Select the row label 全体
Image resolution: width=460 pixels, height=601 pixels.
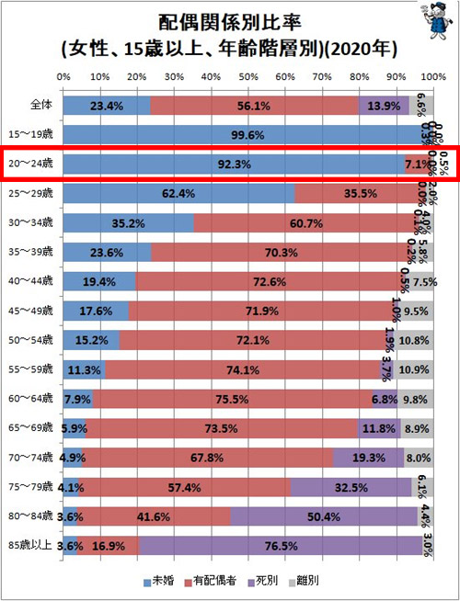coord(40,106)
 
